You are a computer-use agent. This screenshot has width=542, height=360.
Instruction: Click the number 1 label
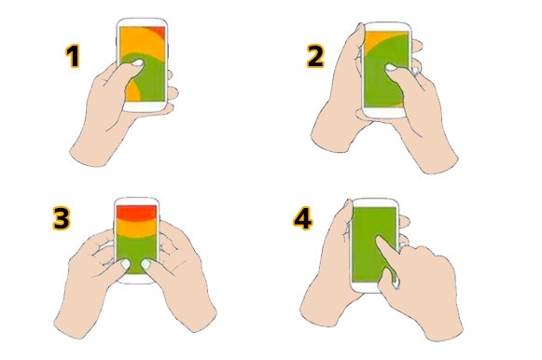[x=73, y=56]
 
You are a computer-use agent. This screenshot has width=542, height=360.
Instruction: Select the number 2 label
[x=315, y=56]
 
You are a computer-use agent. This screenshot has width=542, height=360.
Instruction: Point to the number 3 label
[x=62, y=217]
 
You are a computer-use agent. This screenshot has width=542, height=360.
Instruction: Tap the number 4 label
[x=303, y=218]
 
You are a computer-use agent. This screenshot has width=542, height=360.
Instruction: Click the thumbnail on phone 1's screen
[x=138, y=62]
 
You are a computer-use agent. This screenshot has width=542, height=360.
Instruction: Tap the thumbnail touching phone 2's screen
[x=391, y=67]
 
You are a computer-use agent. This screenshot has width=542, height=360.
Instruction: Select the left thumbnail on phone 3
[x=126, y=264]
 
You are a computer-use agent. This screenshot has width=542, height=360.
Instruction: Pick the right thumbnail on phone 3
[x=146, y=264]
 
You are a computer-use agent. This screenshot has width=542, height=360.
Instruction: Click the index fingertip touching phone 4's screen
[x=378, y=239]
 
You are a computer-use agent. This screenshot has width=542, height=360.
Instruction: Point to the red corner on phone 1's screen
[x=160, y=31]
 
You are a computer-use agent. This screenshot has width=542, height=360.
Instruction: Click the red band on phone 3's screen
[x=136, y=212]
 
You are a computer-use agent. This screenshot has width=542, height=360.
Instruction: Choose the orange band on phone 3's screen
[x=136, y=228]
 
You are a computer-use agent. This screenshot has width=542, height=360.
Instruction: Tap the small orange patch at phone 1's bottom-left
[x=132, y=91]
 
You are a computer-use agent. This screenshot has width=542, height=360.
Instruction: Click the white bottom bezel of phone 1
[x=145, y=106]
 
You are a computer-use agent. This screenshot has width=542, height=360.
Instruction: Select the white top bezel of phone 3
[x=136, y=201]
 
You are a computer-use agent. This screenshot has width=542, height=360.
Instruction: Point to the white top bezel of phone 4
[x=375, y=202]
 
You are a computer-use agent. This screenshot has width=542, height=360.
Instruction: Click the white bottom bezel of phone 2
[x=386, y=113]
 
